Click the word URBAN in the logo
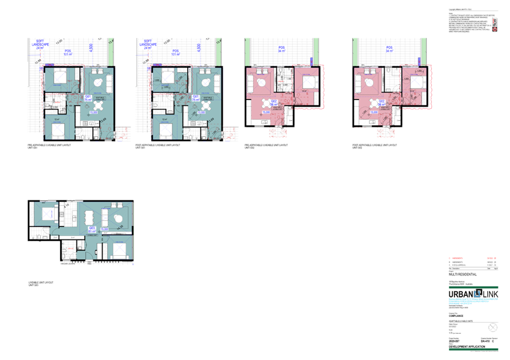coord(460,294)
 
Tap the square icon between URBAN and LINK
coord(477,293)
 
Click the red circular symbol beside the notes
coord(494,27)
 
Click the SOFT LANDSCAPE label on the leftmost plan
coord(40,44)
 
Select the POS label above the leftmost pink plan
coord(282,50)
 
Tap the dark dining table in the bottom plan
coord(90,217)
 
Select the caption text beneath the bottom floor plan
coord(41,283)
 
